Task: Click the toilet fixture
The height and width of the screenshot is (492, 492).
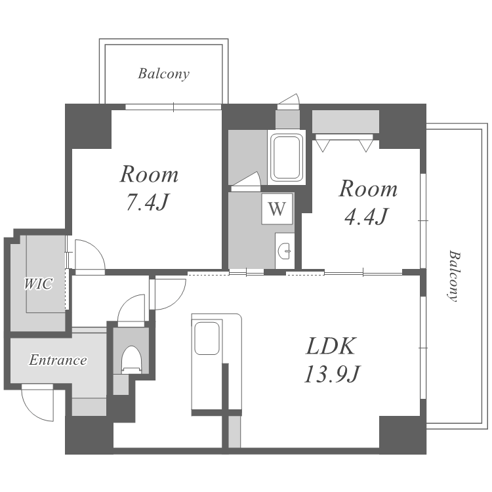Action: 131,359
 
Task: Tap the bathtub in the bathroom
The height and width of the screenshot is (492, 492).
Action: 286,157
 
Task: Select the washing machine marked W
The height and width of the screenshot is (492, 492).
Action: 277,209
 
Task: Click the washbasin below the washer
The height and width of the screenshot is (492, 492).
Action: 285,251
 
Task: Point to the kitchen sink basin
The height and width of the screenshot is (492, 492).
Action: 207,338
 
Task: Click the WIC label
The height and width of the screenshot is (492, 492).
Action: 38,283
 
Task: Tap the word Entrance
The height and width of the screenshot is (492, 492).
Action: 58,360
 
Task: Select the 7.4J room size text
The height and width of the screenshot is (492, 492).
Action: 147,202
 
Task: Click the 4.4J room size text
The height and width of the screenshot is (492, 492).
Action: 366,216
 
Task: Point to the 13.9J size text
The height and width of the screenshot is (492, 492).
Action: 332,374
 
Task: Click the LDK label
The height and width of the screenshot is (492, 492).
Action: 331,346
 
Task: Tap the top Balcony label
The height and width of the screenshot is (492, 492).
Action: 163,74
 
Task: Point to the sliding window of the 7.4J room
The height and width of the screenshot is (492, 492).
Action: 173,107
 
